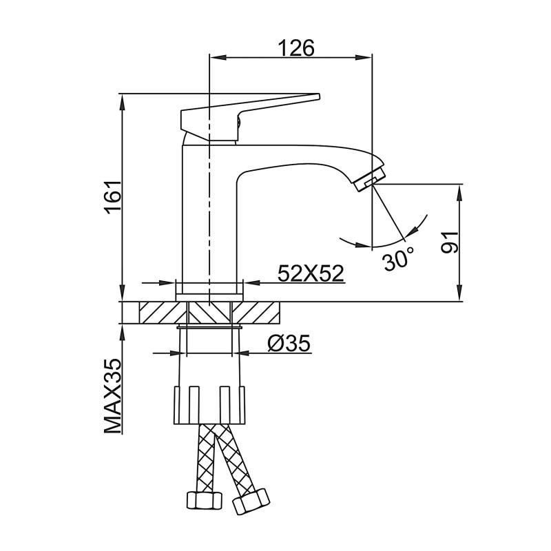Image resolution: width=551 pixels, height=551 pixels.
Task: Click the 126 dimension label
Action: [296, 48]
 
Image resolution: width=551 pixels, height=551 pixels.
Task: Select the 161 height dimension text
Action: [113, 196]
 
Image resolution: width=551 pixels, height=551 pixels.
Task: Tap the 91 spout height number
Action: [450, 242]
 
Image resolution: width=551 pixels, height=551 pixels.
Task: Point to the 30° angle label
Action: [399, 260]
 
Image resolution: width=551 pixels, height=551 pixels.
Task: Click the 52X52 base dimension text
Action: [311, 273]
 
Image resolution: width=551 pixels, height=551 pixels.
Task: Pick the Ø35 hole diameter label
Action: [289, 343]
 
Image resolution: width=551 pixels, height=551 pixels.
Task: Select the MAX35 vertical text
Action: [113, 396]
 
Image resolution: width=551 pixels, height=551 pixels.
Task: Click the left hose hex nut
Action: [205, 501]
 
